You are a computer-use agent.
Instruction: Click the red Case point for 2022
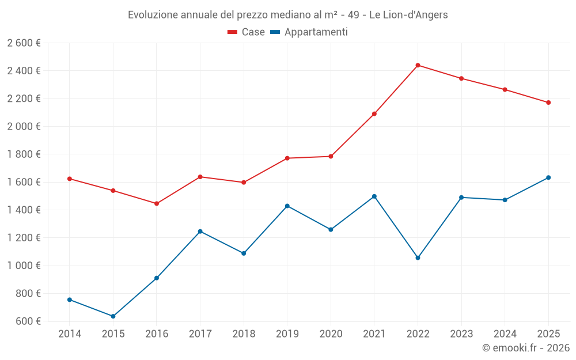(x=418, y=65)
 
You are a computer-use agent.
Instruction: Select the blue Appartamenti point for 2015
(x=113, y=316)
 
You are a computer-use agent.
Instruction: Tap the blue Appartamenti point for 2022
(x=418, y=257)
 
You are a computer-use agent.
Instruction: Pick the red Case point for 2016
(x=157, y=203)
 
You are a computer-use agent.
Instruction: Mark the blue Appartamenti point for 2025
(x=548, y=177)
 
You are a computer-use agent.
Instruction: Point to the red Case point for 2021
(x=374, y=113)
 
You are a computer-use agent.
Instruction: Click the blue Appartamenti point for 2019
(x=287, y=206)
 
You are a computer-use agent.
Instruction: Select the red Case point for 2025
(x=548, y=103)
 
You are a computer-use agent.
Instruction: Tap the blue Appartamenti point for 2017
(x=200, y=232)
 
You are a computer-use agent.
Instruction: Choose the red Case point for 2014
(x=70, y=179)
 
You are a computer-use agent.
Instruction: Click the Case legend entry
(x=247, y=32)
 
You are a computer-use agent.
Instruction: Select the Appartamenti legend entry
(x=309, y=32)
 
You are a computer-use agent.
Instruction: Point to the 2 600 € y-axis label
(x=24, y=43)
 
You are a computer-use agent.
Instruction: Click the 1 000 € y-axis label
(x=24, y=266)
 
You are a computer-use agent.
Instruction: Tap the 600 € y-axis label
(x=28, y=321)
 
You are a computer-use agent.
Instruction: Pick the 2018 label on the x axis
(x=244, y=334)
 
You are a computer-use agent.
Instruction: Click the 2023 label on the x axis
(x=461, y=334)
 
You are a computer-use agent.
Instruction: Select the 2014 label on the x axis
(x=70, y=334)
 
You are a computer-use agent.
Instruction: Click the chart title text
(x=287, y=15)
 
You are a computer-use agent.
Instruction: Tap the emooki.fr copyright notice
(x=526, y=348)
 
